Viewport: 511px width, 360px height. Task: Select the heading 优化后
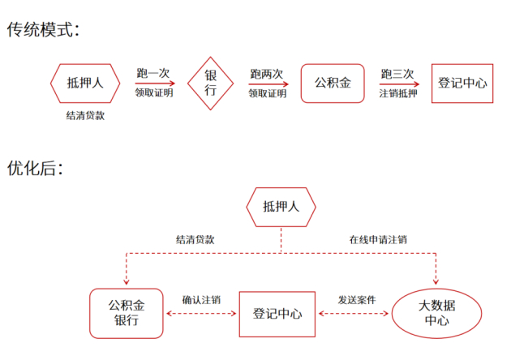click(35, 169)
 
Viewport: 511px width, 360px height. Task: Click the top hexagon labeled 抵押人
click(86, 83)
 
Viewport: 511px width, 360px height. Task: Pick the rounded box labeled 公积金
click(333, 83)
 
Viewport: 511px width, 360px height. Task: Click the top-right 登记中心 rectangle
click(462, 83)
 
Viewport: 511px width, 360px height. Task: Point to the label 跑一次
click(152, 74)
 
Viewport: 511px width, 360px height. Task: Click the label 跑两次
click(268, 74)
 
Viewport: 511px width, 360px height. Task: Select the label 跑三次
click(397, 74)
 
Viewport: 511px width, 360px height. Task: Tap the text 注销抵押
click(397, 93)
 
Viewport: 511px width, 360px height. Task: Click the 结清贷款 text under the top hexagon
click(85, 116)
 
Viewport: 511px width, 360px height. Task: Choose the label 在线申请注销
click(378, 240)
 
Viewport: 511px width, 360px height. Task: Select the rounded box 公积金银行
click(126, 312)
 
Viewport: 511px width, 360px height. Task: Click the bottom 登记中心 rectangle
click(277, 313)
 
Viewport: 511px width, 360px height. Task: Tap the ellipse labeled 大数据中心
click(436, 313)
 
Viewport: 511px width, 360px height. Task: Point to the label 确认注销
click(201, 299)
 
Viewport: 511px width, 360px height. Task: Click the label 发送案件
click(357, 299)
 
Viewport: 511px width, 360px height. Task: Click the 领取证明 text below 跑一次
click(154, 93)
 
